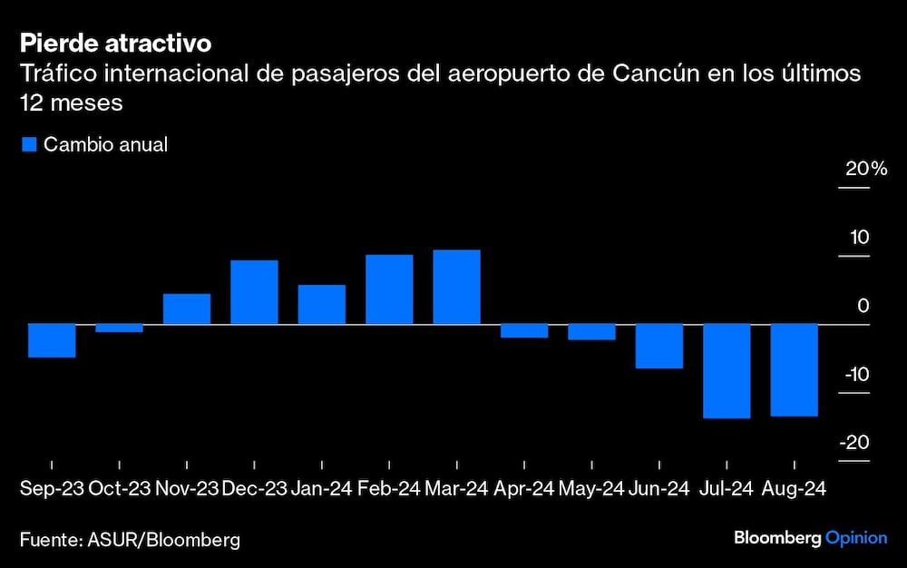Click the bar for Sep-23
click(52, 340)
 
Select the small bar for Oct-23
click(119, 328)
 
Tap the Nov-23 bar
click(187, 308)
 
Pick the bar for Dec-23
click(254, 292)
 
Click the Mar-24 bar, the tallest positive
click(456, 287)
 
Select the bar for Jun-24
click(658, 346)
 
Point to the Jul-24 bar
click(727, 370)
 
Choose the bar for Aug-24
click(794, 369)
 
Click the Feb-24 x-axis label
click(389, 489)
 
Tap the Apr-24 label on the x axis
click(523, 489)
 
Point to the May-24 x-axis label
click(591, 489)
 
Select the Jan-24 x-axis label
click(322, 489)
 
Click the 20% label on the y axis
click(866, 170)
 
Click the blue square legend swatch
click(28, 144)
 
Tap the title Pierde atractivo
click(115, 43)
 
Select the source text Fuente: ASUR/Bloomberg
click(131, 540)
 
